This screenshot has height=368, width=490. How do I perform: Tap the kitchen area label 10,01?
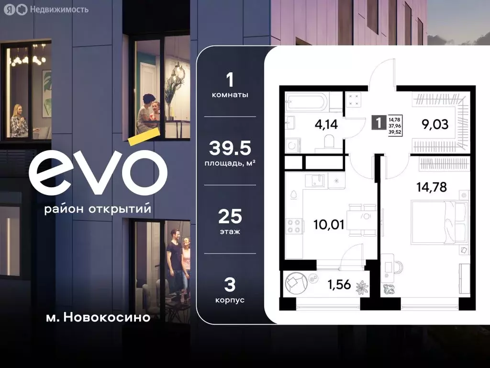328,224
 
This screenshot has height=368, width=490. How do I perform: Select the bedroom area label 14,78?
431,186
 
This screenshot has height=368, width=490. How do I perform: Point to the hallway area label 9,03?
435,125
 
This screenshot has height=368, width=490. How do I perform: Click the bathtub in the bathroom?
307,102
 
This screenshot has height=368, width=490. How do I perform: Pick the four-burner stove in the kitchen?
293,225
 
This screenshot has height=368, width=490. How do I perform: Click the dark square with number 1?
378,122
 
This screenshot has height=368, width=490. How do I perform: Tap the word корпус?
230,300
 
